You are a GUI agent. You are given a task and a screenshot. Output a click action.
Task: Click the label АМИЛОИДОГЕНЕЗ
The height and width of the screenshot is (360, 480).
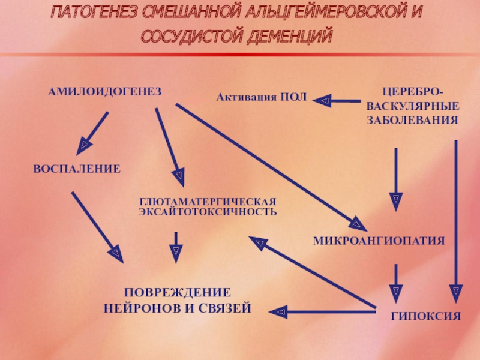point(105,91)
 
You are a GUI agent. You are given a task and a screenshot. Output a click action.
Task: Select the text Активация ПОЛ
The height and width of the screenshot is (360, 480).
point(261,97)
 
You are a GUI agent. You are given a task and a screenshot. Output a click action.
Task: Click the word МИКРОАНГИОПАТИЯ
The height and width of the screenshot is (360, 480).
point(379,241)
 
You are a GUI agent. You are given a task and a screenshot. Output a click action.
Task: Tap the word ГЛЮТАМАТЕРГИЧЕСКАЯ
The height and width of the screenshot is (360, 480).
point(208,202)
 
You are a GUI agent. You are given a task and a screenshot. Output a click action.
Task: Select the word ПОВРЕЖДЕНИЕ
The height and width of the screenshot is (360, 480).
point(177,293)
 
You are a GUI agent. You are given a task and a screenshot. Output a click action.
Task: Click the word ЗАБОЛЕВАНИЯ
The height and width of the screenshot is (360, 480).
point(412,119)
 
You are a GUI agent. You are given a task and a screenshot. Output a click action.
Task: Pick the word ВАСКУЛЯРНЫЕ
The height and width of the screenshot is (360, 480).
point(412,106)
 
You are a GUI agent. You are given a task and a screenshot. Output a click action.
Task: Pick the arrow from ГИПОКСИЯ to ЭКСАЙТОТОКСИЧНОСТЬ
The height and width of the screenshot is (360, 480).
point(312,272)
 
